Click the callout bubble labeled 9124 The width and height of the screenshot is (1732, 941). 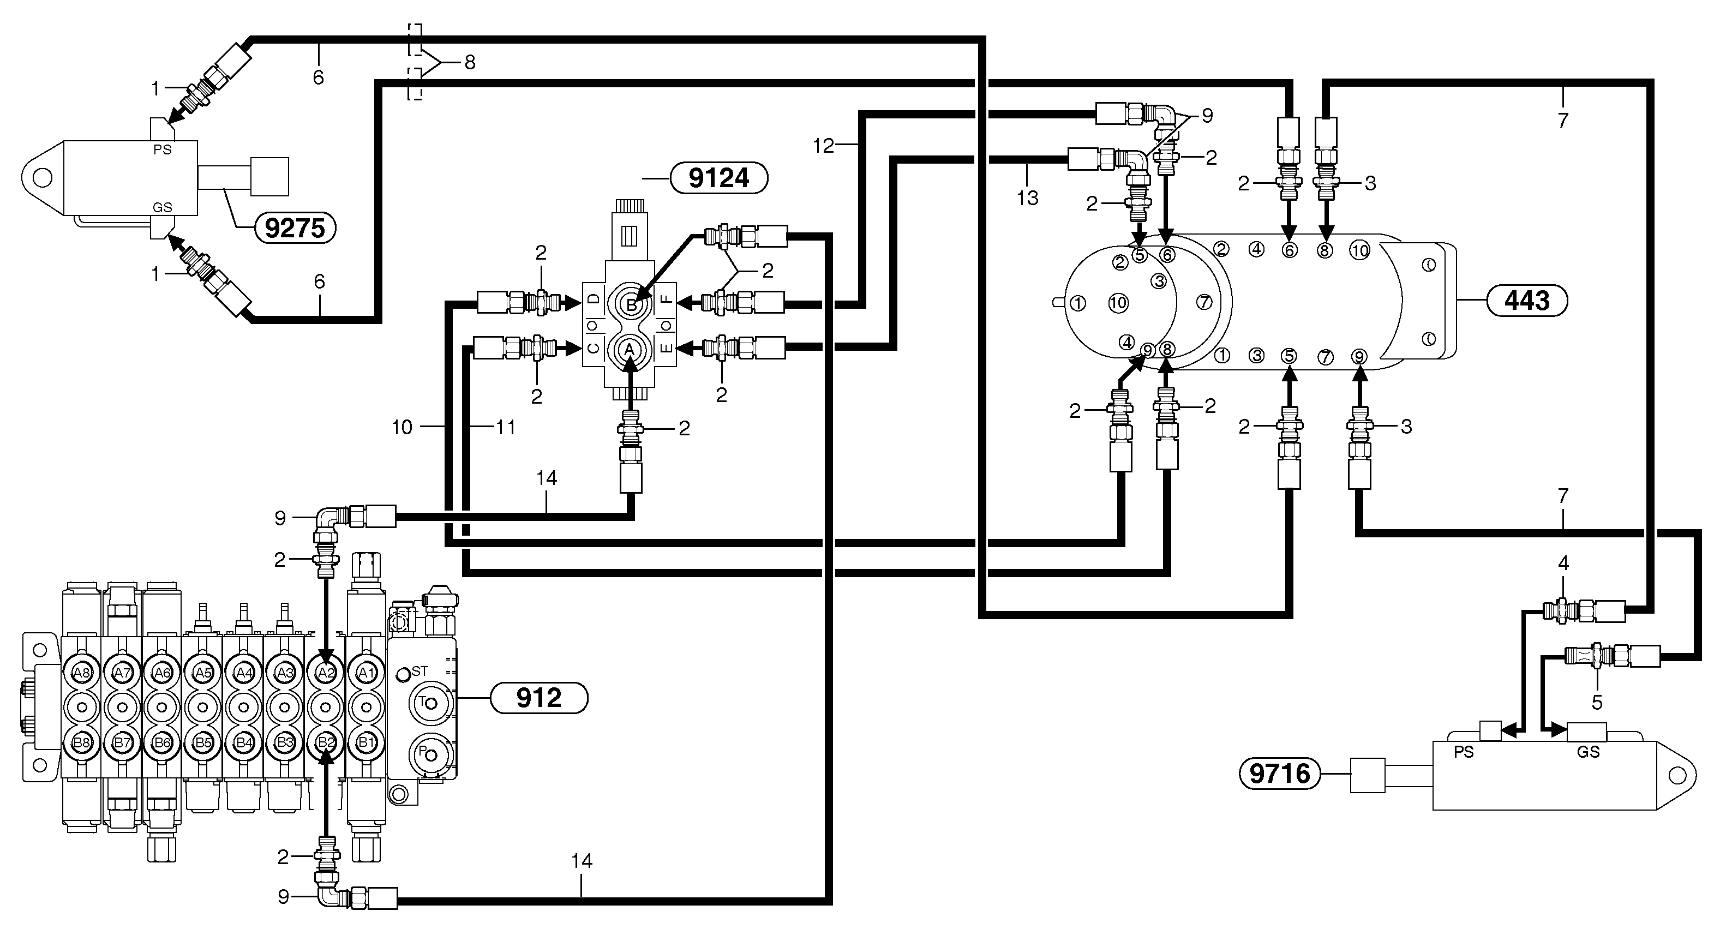(719, 178)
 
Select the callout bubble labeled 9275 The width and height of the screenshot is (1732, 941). (295, 228)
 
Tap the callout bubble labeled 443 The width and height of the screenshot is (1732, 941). (1527, 301)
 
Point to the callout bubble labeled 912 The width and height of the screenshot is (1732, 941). (538, 698)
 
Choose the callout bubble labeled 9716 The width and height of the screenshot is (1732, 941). (1280, 774)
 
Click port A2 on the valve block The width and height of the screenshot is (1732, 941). (326, 672)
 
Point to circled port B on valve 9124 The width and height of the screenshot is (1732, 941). (631, 305)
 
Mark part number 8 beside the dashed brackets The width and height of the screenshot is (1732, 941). (470, 63)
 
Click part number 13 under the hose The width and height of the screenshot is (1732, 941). (1027, 197)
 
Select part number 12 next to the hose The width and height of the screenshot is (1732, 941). (823, 145)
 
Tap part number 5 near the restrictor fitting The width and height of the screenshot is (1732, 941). (1597, 703)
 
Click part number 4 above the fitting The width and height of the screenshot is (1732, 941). (1563, 564)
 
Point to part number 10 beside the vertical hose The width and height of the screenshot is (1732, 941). (402, 427)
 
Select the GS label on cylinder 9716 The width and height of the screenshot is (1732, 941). (1588, 752)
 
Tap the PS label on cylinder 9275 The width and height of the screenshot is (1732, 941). (162, 150)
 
